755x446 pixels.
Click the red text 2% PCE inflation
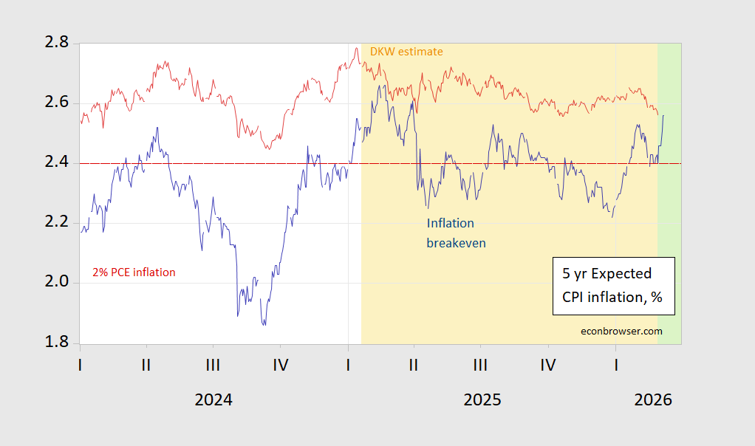(x=134, y=272)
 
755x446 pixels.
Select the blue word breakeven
(x=457, y=242)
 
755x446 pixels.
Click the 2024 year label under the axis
(x=213, y=400)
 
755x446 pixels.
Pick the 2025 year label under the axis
(x=482, y=400)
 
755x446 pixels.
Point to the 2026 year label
(x=653, y=400)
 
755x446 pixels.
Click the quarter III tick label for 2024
(x=213, y=365)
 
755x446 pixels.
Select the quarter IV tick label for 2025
(x=548, y=365)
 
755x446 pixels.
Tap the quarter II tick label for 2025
(x=414, y=365)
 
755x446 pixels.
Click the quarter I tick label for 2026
(x=616, y=365)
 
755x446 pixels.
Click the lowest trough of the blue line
(x=264, y=325)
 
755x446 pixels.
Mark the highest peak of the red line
(x=356, y=49)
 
